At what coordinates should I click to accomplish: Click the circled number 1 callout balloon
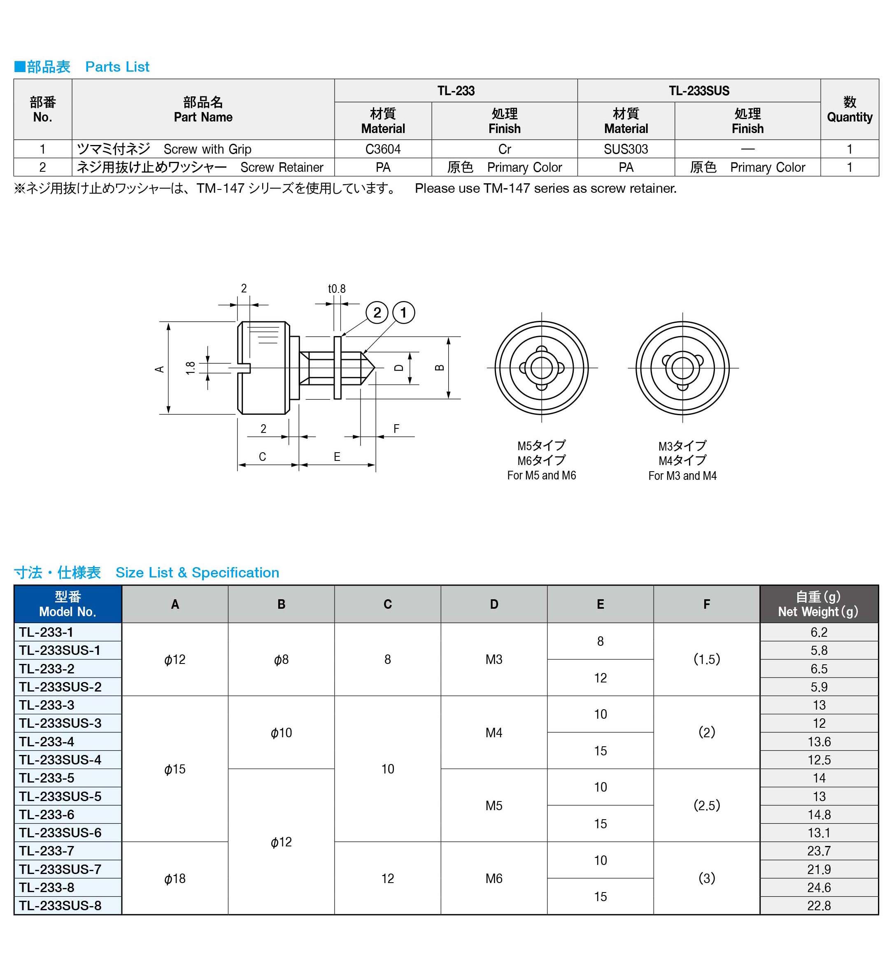click(403, 313)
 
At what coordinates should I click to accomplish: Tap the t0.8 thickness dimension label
click(336, 288)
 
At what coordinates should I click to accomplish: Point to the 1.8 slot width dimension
click(190, 368)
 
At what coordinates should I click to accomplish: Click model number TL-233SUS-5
click(60, 796)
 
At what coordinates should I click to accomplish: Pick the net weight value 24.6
click(819, 887)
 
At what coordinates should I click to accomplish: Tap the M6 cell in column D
click(494, 878)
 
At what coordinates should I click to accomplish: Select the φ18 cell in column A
click(175, 878)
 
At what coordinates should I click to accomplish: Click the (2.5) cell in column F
click(706, 805)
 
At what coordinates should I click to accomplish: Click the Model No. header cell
click(68, 604)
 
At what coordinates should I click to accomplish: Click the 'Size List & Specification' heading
click(197, 572)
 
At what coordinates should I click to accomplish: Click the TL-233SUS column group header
click(698, 91)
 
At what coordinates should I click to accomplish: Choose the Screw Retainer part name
click(282, 167)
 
